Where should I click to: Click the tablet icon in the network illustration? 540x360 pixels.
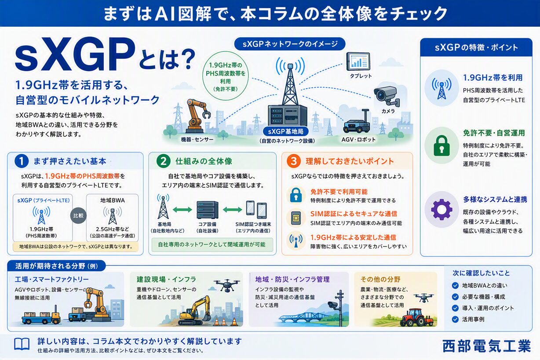point(358,62)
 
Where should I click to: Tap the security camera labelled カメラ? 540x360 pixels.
point(387,96)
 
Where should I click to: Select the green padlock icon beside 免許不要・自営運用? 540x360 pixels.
point(441,146)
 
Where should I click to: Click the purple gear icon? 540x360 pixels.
point(441,209)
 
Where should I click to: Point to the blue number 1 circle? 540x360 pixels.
point(22,161)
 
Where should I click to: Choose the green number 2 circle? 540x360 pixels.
point(163,161)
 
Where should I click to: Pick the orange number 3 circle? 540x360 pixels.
point(294,161)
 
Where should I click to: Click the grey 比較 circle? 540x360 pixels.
point(78,215)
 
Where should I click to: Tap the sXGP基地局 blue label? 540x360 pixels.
point(285,131)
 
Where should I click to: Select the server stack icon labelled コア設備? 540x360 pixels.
point(207,210)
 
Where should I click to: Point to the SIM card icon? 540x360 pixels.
point(296,218)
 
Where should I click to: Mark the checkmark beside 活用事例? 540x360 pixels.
point(455,320)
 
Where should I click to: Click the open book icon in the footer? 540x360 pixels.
point(22,344)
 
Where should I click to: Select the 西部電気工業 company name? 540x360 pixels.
point(486,346)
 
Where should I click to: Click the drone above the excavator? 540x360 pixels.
point(226,285)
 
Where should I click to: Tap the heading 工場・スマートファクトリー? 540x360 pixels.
point(51,279)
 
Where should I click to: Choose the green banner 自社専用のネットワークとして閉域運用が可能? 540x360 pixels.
point(212,244)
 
